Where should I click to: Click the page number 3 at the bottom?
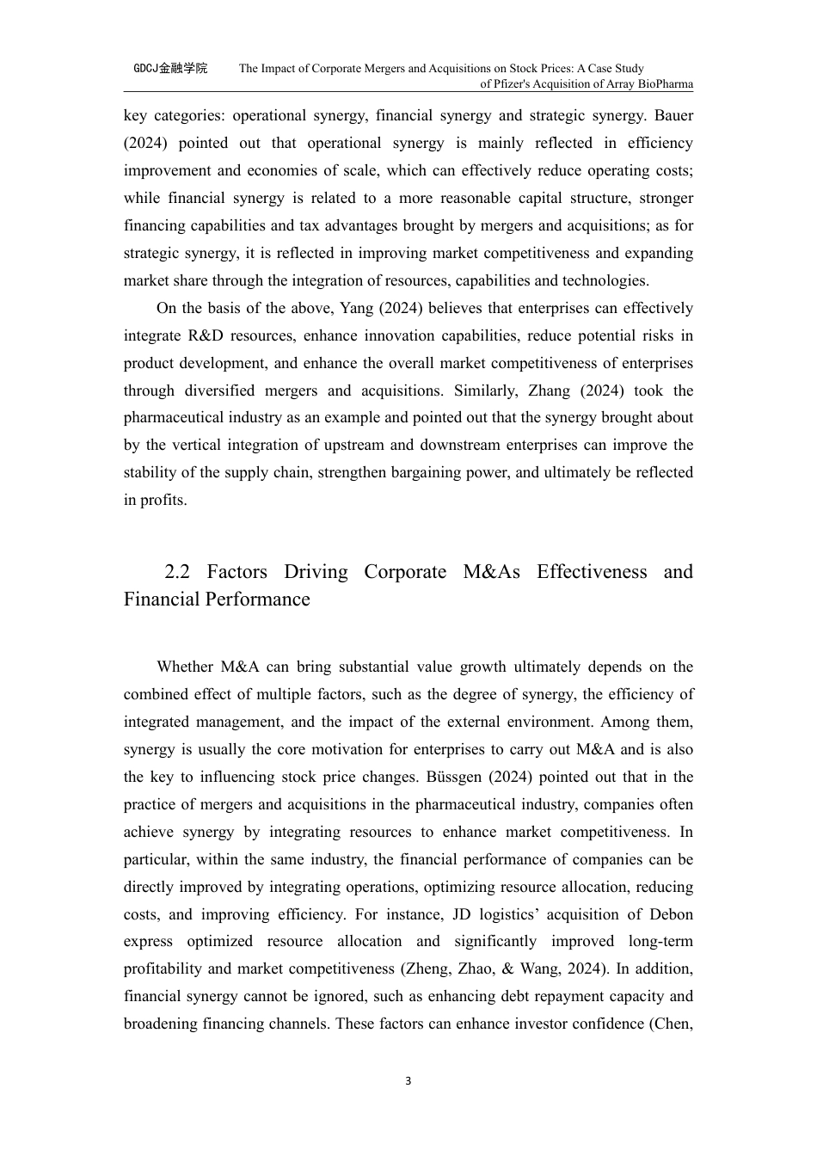pos(408,1081)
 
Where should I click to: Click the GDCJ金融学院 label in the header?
pos(170,68)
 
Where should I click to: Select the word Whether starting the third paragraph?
pos(184,667)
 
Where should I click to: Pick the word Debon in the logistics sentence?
pos(672,914)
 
